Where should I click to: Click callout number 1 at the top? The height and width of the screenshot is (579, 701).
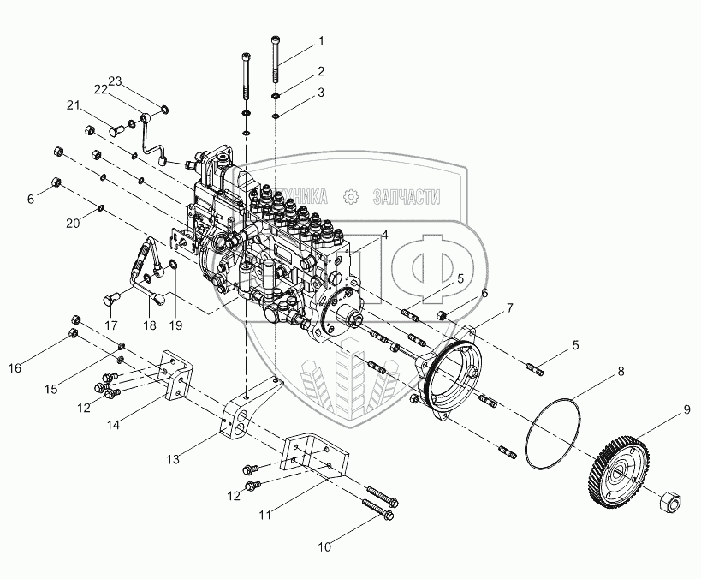tap(321, 41)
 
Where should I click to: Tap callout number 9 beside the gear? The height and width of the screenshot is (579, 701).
tap(686, 409)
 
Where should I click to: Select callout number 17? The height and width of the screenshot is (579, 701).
tap(111, 325)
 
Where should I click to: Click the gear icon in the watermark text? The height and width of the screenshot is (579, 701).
tap(349, 197)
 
